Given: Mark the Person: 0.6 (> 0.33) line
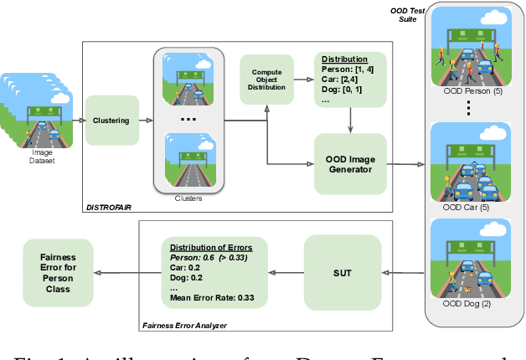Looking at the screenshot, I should click(214, 259).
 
